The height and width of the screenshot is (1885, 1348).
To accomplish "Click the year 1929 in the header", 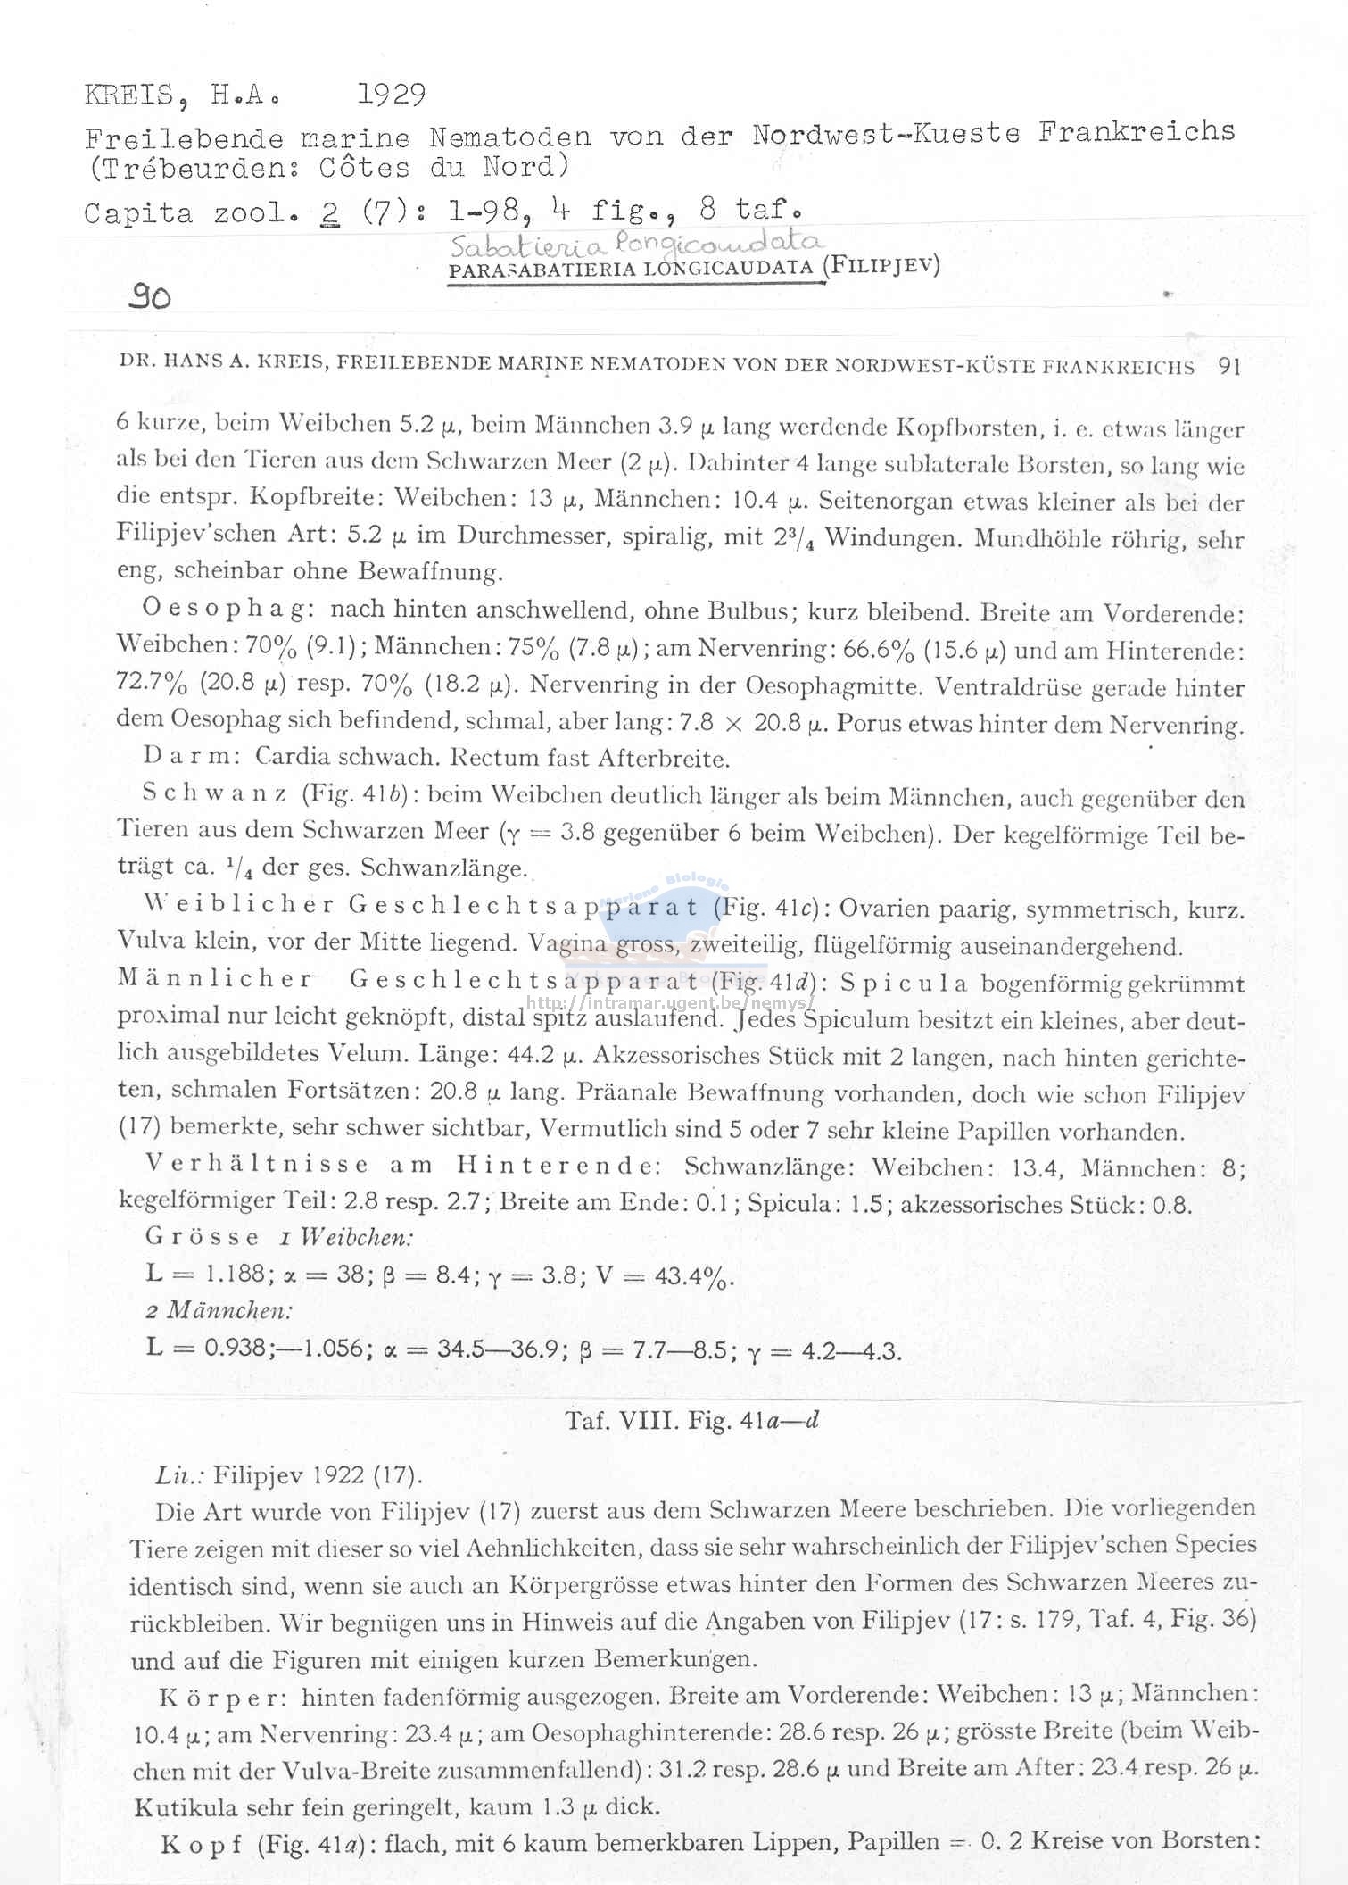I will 391,94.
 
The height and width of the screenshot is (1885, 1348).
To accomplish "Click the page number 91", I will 1230,366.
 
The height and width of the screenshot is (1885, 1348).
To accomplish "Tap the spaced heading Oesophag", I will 227,610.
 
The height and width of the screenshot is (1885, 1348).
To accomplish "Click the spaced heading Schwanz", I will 214,793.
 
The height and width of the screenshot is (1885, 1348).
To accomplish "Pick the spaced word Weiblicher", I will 239,904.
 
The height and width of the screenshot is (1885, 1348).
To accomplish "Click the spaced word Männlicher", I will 215,978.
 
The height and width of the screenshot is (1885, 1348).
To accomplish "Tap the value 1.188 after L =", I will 229,1274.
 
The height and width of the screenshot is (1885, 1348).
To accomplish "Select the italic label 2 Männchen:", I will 219,1310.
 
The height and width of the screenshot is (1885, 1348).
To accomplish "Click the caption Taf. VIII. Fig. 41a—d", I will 691,1420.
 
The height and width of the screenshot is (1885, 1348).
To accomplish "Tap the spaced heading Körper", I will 223,1696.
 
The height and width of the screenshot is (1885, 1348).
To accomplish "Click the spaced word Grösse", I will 203,1237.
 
